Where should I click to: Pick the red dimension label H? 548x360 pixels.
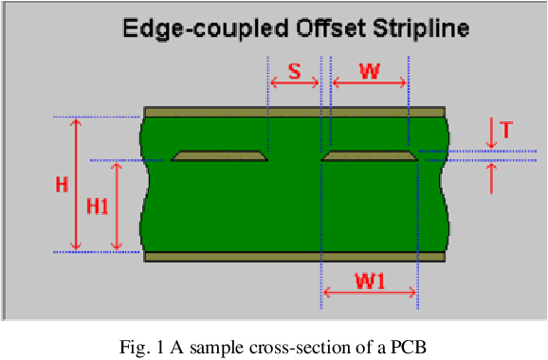tap(63, 185)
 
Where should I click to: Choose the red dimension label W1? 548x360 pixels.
tap(370, 279)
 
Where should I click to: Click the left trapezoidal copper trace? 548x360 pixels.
tap(220, 155)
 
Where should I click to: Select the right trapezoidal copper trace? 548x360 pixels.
tap(370, 155)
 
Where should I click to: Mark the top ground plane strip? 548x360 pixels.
tap(294, 112)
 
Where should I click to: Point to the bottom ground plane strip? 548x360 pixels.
tap(294, 256)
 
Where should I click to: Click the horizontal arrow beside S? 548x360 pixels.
tap(295, 84)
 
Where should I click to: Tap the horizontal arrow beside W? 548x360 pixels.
tap(370, 84)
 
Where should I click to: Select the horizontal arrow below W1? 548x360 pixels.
tap(370, 294)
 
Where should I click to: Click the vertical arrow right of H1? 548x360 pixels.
tap(118, 206)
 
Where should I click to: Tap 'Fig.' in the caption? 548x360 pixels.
tap(135, 346)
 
